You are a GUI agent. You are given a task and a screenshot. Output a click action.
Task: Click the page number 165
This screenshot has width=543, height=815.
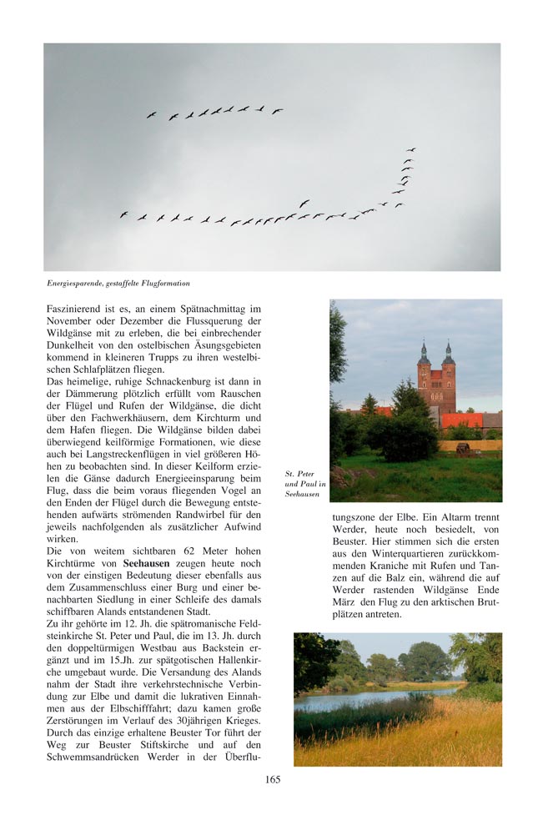[272, 780]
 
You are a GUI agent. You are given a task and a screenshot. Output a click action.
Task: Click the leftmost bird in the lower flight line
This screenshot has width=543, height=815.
[123, 214]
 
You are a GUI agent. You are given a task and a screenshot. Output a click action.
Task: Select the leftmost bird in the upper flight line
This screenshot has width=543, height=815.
[152, 115]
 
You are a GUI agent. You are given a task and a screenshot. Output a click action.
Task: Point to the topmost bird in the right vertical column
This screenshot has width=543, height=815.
[411, 150]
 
